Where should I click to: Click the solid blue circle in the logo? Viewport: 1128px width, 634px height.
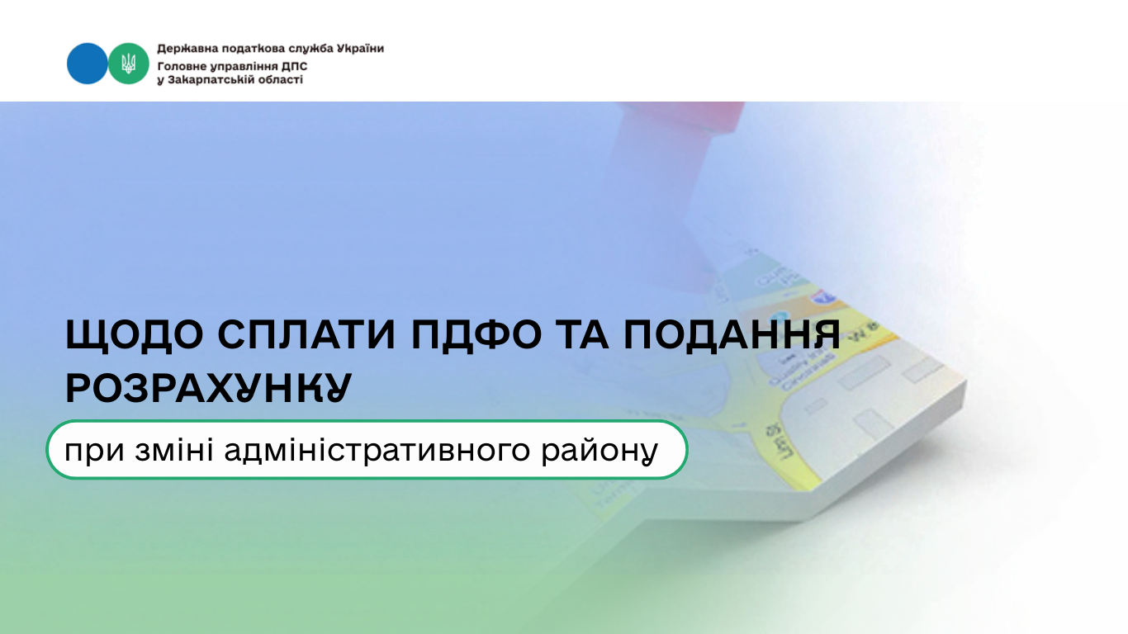(x=87, y=64)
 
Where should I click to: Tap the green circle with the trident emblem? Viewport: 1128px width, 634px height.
(x=129, y=64)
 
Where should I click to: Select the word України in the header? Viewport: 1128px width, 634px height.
(x=360, y=49)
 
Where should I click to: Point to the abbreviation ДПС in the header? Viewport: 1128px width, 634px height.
(x=294, y=67)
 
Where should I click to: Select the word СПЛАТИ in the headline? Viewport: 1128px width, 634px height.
(x=306, y=334)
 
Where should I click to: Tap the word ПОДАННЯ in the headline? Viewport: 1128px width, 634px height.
(x=732, y=335)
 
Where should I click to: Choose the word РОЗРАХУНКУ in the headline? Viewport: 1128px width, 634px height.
(x=208, y=388)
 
